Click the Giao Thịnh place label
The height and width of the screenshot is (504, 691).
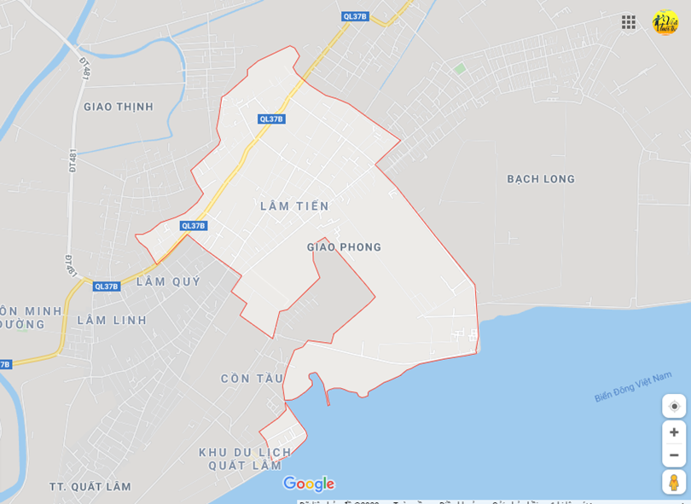coord(119,107)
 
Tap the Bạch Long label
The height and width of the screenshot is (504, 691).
coord(541,179)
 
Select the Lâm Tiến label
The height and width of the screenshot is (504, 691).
coord(294,206)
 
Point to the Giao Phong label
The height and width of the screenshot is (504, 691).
coord(344,247)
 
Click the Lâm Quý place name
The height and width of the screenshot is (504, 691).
coord(168,281)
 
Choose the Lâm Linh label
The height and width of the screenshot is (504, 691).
coord(112,320)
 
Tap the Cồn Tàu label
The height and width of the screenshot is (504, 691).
coord(252,379)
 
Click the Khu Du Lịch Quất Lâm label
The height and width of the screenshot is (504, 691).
coord(245,459)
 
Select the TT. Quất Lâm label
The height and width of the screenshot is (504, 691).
coord(90,487)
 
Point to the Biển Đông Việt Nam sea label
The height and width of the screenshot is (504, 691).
coord(633,386)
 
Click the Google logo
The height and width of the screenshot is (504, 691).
coord(309,484)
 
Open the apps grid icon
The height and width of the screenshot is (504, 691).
coord(629,22)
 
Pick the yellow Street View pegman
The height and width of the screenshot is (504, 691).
coord(673,482)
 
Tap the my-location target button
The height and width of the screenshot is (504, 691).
coord(674,406)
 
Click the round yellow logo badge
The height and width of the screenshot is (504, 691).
coord(665,22)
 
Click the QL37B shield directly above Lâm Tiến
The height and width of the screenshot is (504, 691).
coord(271,119)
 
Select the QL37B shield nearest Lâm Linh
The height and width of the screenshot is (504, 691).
coord(107,287)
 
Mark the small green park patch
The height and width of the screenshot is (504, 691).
coord(459,68)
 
